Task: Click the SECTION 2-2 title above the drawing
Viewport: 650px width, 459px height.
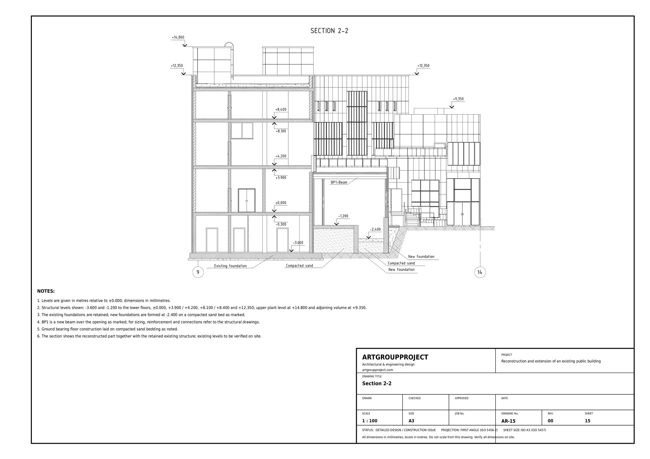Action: (329, 31)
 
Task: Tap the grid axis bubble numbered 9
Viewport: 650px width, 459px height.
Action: (198, 272)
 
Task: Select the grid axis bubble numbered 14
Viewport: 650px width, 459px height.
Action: (480, 272)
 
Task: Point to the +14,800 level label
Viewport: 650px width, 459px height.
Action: (178, 37)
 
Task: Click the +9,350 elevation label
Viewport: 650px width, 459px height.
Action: (458, 99)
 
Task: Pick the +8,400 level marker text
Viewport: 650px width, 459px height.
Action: (281, 109)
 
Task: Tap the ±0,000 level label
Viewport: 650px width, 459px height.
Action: (281, 203)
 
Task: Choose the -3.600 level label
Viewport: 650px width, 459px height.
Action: (298, 243)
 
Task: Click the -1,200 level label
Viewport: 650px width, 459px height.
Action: (343, 216)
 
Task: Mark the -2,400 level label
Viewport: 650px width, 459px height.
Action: (375, 229)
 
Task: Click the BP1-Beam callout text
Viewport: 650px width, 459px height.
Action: (339, 182)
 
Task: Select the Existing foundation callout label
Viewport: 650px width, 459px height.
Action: (230, 266)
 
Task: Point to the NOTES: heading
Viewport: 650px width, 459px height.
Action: (46, 291)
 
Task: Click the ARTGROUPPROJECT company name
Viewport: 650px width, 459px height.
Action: (395, 357)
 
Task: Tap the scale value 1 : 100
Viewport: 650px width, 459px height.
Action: (370, 421)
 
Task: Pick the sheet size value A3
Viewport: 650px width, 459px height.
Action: (411, 421)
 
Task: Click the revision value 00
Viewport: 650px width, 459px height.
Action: (550, 421)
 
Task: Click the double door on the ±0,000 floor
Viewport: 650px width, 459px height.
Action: (247, 201)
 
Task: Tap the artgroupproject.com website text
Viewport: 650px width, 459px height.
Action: (378, 370)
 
